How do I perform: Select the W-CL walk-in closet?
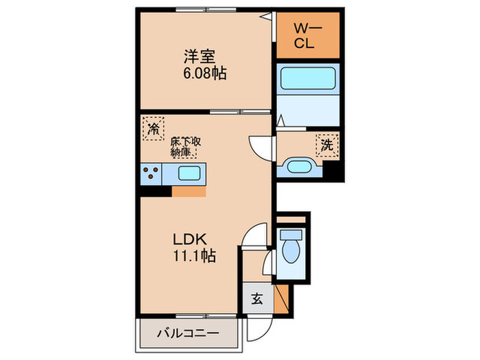[x=308, y=35]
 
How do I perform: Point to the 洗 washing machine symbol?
[x=327, y=145]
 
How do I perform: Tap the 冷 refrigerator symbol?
[x=154, y=128]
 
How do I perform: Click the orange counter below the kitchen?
[x=189, y=191]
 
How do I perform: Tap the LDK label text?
[x=185, y=241]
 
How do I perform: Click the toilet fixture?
[x=291, y=250]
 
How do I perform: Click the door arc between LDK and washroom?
[x=261, y=145]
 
